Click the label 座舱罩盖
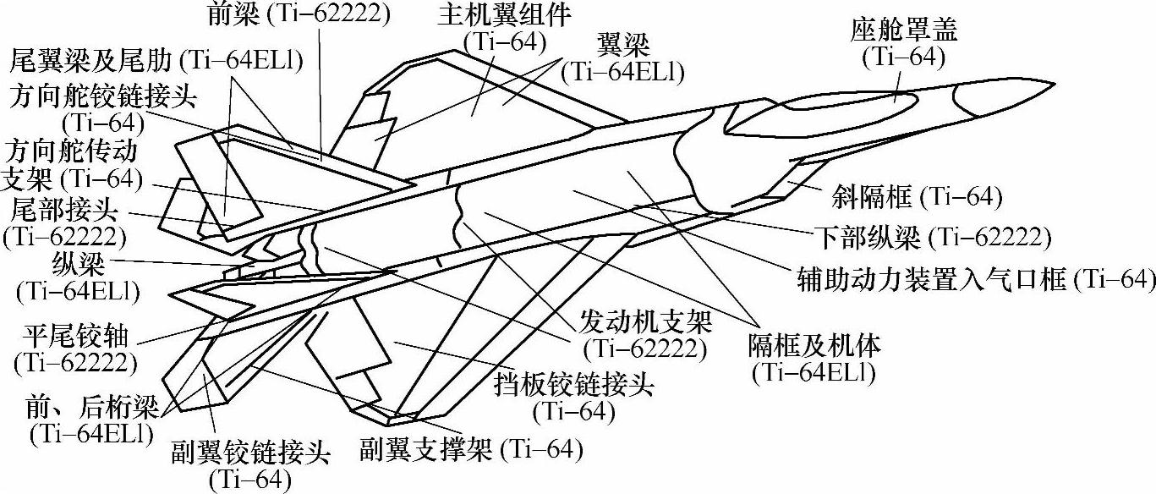pos(904,32)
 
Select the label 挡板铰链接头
pos(574,387)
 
